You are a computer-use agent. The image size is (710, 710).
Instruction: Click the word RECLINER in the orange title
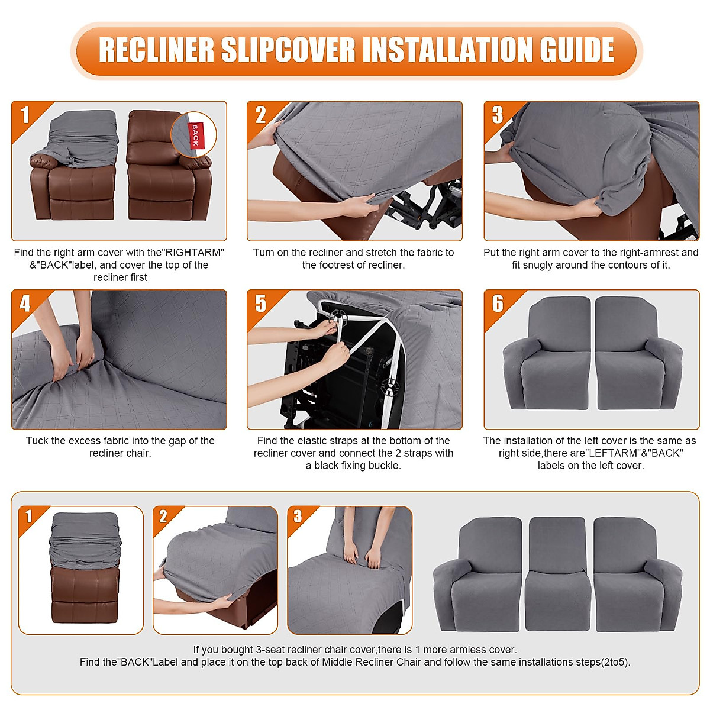click(156, 50)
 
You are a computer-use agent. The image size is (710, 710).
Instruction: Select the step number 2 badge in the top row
click(260, 115)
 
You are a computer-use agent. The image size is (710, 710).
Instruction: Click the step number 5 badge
click(260, 304)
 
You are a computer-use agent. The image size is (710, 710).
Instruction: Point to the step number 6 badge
click(498, 304)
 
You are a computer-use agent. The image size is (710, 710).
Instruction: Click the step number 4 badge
click(25, 304)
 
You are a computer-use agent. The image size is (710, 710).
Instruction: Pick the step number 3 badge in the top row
click(498, 115)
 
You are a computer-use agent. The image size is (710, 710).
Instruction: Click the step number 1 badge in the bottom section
click(28, 517)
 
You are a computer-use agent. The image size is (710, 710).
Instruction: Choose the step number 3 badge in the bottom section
click(298, 517)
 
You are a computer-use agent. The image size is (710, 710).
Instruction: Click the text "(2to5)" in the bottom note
click(615, 662)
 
